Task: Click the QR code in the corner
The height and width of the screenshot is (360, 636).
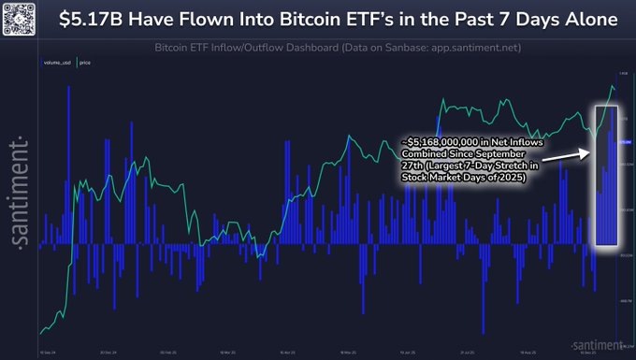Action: [19, 19]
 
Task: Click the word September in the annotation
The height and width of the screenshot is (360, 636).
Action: [500, 152]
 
